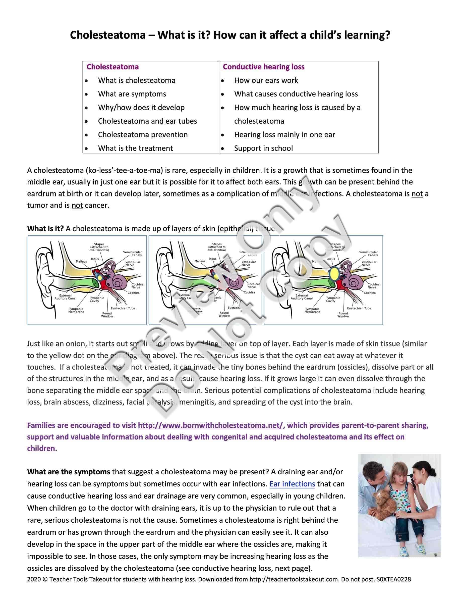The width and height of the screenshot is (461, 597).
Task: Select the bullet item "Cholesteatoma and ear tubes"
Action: [x=147, y=121]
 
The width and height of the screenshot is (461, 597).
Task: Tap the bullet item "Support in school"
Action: [x=263, y=148]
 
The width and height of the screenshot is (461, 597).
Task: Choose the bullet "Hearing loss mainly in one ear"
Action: [x=284, y=135]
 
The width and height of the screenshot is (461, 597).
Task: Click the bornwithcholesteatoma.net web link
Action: [x=211, y=425]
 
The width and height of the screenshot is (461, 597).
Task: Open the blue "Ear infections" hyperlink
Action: [x=292, y=484]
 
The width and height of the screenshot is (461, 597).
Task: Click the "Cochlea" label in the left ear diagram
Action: [x=134, y=293]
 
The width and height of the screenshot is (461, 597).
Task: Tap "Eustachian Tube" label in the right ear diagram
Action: [x=359, y=308]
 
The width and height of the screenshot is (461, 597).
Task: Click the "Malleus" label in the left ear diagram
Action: [x=81, y=262]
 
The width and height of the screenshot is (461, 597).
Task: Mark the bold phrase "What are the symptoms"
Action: [x=69, y=472]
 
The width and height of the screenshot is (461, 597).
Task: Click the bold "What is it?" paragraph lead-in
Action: [x=45, y=228]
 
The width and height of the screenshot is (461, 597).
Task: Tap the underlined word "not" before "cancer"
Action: [x=77, y=205]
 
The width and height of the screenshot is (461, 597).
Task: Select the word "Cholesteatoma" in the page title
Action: [x=108, y=35]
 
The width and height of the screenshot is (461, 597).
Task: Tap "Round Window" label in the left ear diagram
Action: [x=107, y=315]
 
